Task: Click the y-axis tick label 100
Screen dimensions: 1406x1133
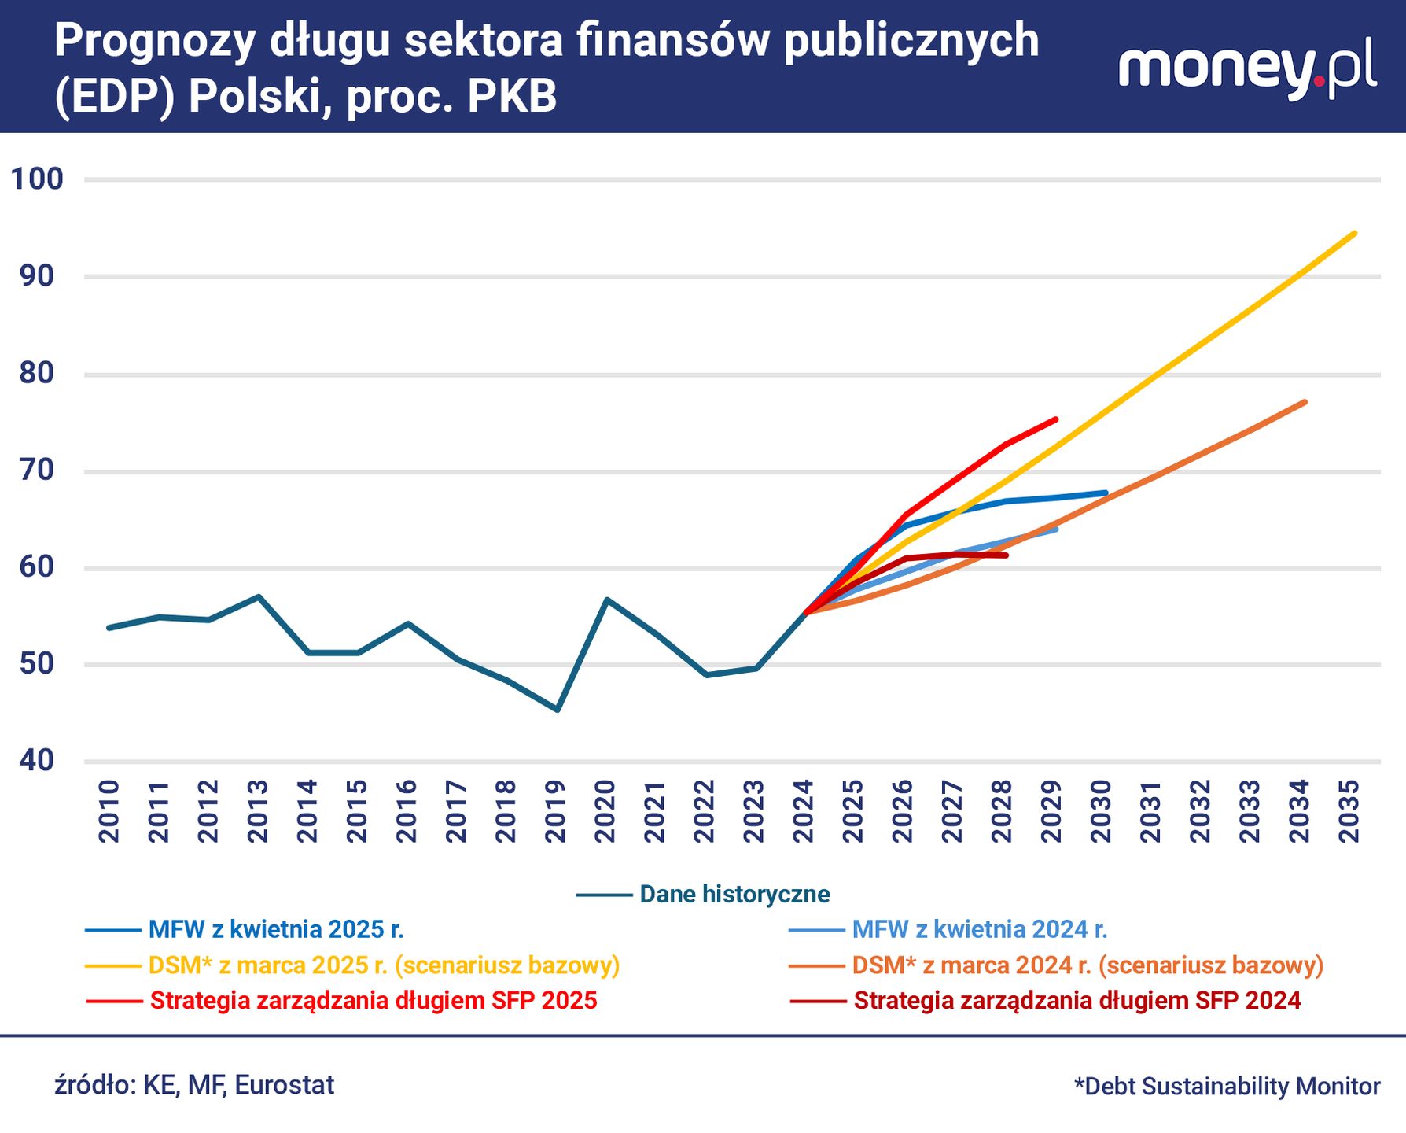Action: (37, 179)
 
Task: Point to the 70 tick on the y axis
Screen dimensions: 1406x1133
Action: (37, 471)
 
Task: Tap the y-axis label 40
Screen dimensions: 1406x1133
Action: (37, 760)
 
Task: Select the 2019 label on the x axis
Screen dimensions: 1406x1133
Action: (555, 811)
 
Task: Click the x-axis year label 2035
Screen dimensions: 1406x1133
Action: (1349, 811)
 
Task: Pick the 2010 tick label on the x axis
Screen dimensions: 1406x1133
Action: (109, 811)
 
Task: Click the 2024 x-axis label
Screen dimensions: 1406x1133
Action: (804, 811)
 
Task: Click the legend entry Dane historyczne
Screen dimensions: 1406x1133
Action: (703, 895)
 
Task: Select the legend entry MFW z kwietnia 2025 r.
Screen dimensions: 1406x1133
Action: (245, 930)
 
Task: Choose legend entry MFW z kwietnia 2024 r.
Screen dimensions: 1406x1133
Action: (948, 930)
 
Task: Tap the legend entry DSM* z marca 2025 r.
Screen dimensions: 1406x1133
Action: (352, 965)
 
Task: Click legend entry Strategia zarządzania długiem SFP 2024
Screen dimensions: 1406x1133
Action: (1045, 1001)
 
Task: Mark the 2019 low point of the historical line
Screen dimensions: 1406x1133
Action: (557, 710)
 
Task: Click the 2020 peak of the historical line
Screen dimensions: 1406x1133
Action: (606, 600)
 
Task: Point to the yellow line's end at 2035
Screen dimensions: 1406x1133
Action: (1354, 234)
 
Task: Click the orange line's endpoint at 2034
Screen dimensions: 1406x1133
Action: (1305, 403)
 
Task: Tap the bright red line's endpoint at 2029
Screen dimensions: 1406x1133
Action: (1055, 419)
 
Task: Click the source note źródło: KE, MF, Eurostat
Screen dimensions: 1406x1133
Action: (194, 1085)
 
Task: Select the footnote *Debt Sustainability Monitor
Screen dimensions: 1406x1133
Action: (1227, 1087)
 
